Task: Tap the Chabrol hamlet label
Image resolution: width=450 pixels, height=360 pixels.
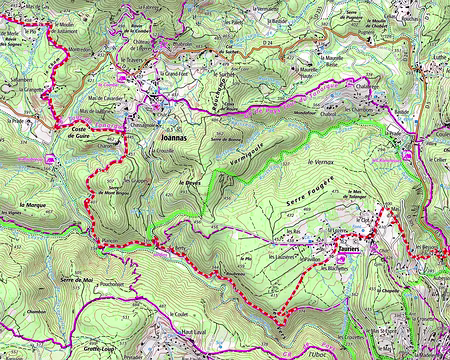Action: tap(349, 113)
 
